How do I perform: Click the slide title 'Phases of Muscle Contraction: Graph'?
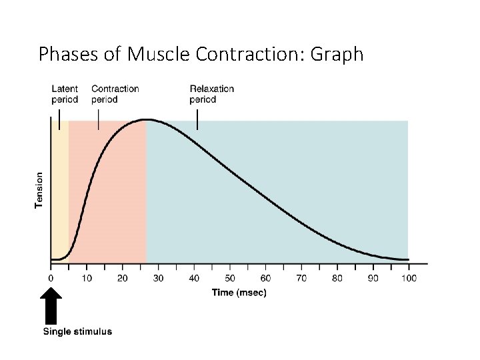201,53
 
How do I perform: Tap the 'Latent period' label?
65,94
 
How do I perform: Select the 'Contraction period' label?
115,94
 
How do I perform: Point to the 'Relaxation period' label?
211,94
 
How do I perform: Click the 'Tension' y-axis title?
39,190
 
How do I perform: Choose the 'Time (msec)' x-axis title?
239,293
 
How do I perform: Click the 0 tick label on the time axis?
51,277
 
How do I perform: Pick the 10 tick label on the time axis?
87,277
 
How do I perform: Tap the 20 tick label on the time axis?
123,277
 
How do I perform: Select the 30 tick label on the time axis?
158,277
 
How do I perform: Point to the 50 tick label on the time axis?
229,277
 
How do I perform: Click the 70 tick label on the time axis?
301,277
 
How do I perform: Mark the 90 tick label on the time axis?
373,277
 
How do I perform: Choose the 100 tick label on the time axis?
408,277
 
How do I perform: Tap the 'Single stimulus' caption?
77,331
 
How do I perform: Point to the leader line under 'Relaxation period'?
197,119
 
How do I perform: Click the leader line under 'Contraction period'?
99,119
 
